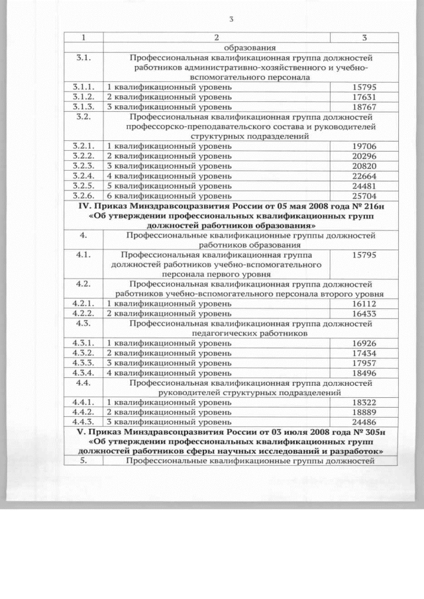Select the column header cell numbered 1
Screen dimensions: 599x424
pos(83,38)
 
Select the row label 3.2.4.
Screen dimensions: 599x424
pos(83,175)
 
